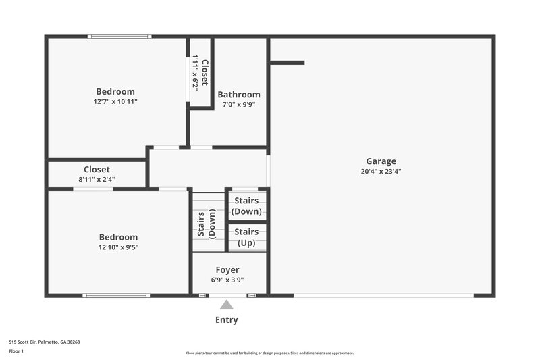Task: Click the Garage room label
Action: pos(381,161)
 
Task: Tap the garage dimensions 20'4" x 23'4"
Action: pos(381,172)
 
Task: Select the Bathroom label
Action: pos(238,95)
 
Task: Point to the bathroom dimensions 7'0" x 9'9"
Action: pos(238,105)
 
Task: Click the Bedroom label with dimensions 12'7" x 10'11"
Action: pos(115,91)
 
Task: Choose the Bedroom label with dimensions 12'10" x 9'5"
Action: pos(118,237)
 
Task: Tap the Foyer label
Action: pos(227,270)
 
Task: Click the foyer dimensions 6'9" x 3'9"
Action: pos(227,280)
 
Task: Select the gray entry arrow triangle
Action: pos(227,305)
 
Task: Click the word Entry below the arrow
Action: pos(227,320)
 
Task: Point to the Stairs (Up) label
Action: pos(246,237)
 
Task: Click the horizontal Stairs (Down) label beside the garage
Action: pos(246,206)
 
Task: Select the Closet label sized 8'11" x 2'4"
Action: pos(97,170)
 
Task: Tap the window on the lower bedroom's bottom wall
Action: pos(116,295)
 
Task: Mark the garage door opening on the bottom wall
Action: pos(383,295)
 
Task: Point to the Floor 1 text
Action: pos(16,351)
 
